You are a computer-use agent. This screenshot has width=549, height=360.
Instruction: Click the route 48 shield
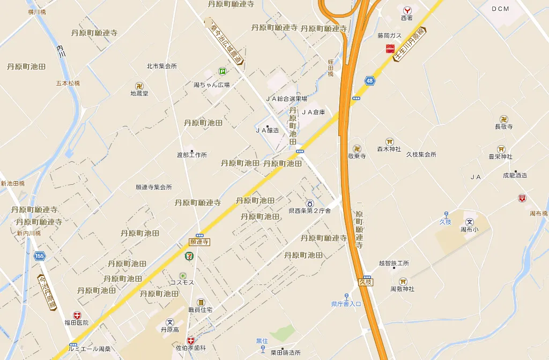tap(370, 81)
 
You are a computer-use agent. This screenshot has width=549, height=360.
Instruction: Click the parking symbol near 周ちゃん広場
tap(222, 71)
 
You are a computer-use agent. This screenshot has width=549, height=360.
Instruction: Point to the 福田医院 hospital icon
tap(77, 315)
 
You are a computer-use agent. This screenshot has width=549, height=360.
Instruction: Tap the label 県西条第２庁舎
tap(310, 211)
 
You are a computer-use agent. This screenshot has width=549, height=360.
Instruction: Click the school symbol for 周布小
tap(470, 222)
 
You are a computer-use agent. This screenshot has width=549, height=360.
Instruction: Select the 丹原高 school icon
tap(170, 322)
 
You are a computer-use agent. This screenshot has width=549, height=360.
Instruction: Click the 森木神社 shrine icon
tap(389, 141)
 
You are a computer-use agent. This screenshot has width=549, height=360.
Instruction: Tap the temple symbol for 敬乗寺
tap(357, 148)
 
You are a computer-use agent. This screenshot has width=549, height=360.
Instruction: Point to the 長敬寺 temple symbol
tap(504, 119)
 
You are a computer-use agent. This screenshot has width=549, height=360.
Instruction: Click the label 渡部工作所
tap(191, 155)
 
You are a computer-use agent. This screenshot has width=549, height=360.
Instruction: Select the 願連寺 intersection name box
tap(199, 242)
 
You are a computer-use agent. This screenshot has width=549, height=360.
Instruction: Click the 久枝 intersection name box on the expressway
tap(366, 282)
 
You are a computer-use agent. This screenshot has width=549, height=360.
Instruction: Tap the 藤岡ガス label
tap(389, 35)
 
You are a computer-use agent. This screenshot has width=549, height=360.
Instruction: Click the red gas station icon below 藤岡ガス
tap(390, 49)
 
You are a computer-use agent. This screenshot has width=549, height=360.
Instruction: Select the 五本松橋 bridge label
tap(68, 83)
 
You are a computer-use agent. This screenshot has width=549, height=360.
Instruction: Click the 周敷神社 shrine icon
tap(403, 281)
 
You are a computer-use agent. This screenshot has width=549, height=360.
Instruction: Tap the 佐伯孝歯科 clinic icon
tap(191, 341)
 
